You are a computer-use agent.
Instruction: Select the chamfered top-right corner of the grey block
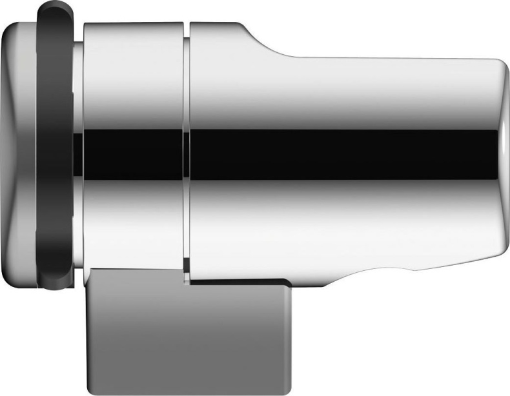[x=288, y=282]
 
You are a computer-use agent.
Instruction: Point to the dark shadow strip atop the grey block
[x=239, y=281]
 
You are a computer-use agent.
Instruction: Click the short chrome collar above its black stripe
[x=132, y=77]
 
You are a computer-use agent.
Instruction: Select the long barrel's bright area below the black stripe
[x=342, y=213]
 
